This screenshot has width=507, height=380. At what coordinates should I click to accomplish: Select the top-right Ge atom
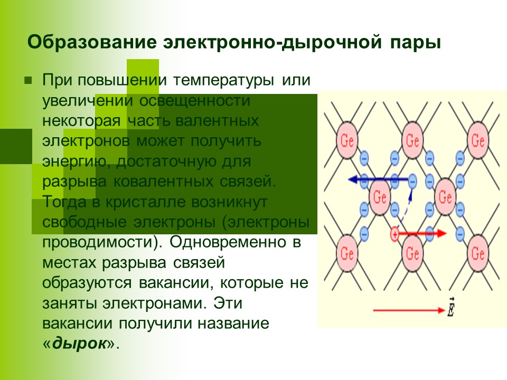click(x=478, y=140)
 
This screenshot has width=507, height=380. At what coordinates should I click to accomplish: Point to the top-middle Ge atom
click(x=412, y=140)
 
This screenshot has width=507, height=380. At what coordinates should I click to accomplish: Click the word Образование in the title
click(x=93, y=42)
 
